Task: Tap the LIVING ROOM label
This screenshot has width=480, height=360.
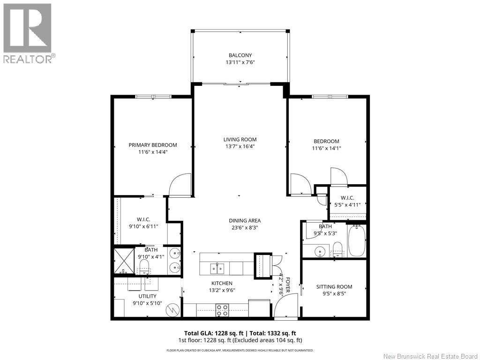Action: [240, 139]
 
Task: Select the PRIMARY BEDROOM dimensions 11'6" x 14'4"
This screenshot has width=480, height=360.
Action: [153, 152]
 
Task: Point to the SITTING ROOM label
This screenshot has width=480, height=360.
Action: [334, 287]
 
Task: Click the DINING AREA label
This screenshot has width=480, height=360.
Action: [244, 221]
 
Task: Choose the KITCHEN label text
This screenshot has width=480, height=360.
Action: [222, 283]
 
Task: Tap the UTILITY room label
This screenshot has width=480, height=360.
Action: [147, 296]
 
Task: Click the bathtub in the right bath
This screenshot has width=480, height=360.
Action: [357, 240]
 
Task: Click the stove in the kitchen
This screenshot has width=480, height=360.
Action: [222, 309]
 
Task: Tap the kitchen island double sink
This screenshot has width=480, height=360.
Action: [217, 268]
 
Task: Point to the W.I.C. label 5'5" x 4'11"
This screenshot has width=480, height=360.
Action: [347, 201]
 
